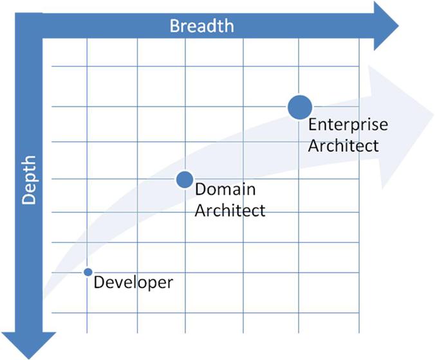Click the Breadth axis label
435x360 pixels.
click(x=201, y=26)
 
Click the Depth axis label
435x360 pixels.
click(x=29, y=180)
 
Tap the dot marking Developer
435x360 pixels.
click(x=88, y=272)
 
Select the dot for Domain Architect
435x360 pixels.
click(x=185, y=179)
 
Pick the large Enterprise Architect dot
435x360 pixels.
click(x=300, y=107)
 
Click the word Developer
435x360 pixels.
click(x=133, y=283)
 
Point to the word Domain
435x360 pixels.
click(x=225, y=189)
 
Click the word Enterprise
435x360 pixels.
click(x=348, y=125)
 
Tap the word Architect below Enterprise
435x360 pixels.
click(x=343, y=145)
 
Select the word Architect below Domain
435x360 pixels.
click(x=230, y=210)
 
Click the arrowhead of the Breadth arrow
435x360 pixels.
click(x=386, y=26)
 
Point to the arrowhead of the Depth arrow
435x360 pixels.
click(x=29, y=346)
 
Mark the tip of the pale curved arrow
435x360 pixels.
click(x=433, y=114)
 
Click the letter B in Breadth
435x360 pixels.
click(x=174, y=26)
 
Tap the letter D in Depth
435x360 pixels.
click(x=29, y=199)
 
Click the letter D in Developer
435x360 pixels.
click(x=98, y=282)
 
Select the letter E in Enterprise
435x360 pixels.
click(x=312, y=124)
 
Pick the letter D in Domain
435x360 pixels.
click(x=200, y=189)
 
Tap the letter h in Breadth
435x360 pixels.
click(x=230, y=26)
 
